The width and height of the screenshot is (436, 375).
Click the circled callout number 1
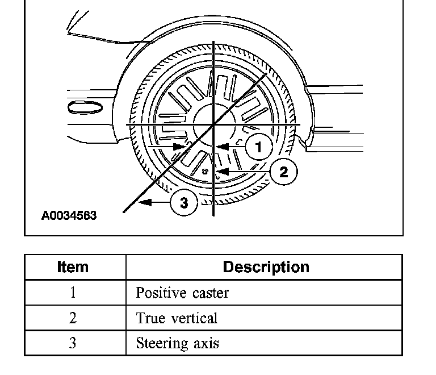tap(259, 147)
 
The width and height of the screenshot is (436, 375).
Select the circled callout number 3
tap(183, 202)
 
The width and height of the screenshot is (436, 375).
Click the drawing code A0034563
tap(69, 216)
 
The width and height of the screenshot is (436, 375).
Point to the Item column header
tap(73, 267)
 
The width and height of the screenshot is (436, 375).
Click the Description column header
tap(266, 267)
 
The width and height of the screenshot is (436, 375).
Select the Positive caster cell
tap(182, 293)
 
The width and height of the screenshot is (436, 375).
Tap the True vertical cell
tap(177, 318)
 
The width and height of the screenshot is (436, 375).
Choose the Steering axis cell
tap(177, 343)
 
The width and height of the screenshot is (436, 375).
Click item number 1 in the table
tap(73, 293)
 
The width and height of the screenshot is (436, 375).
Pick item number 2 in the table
tap(73, 318)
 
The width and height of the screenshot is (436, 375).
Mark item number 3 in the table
tap(73, 343)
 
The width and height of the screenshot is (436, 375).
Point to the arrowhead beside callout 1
tap(221, 147)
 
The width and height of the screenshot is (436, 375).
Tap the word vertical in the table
tap(196, 318)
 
